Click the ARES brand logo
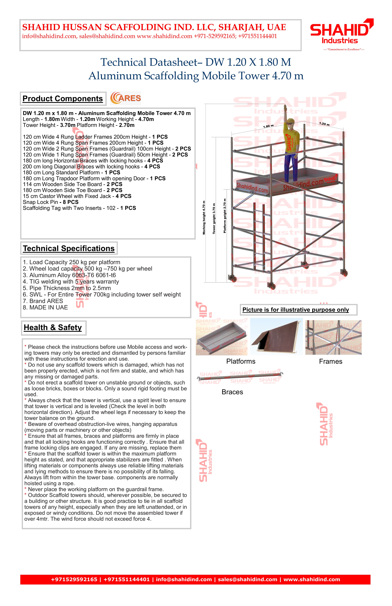125,98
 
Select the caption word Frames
331,362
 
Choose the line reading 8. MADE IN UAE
45,308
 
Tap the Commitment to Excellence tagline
344,49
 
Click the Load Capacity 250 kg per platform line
72,262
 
